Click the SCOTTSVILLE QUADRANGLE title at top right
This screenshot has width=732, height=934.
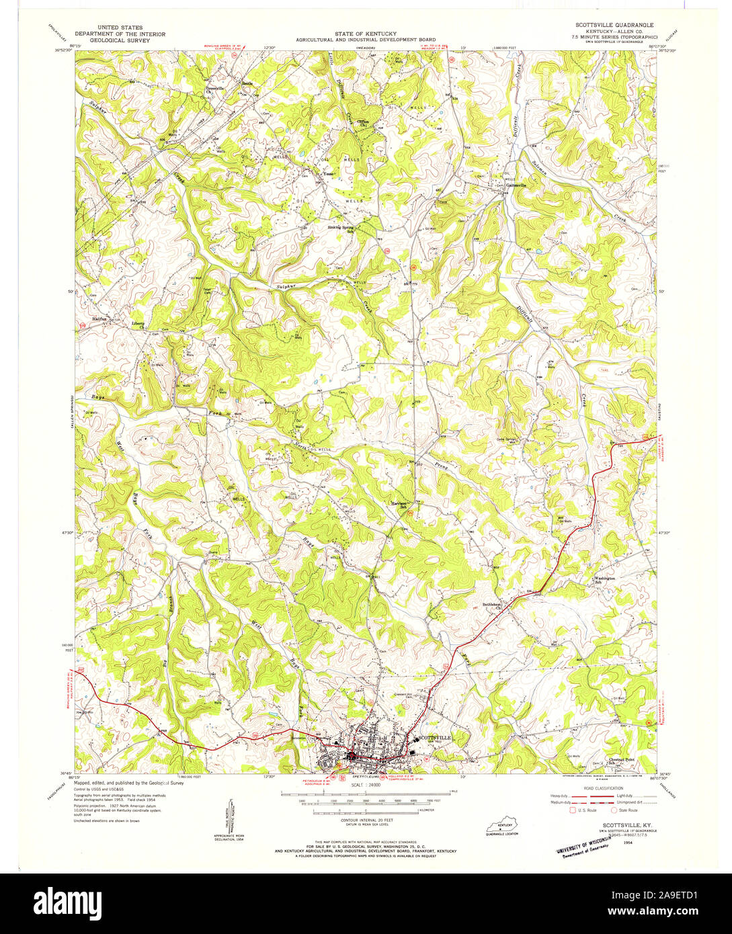(x=607, y=24)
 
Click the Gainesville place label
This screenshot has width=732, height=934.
(x=516, y=185)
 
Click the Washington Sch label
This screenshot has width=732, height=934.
(x=603, y=580)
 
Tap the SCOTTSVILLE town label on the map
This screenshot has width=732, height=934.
(x=434, y=737)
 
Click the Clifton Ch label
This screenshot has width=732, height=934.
(x=364, y=123)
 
